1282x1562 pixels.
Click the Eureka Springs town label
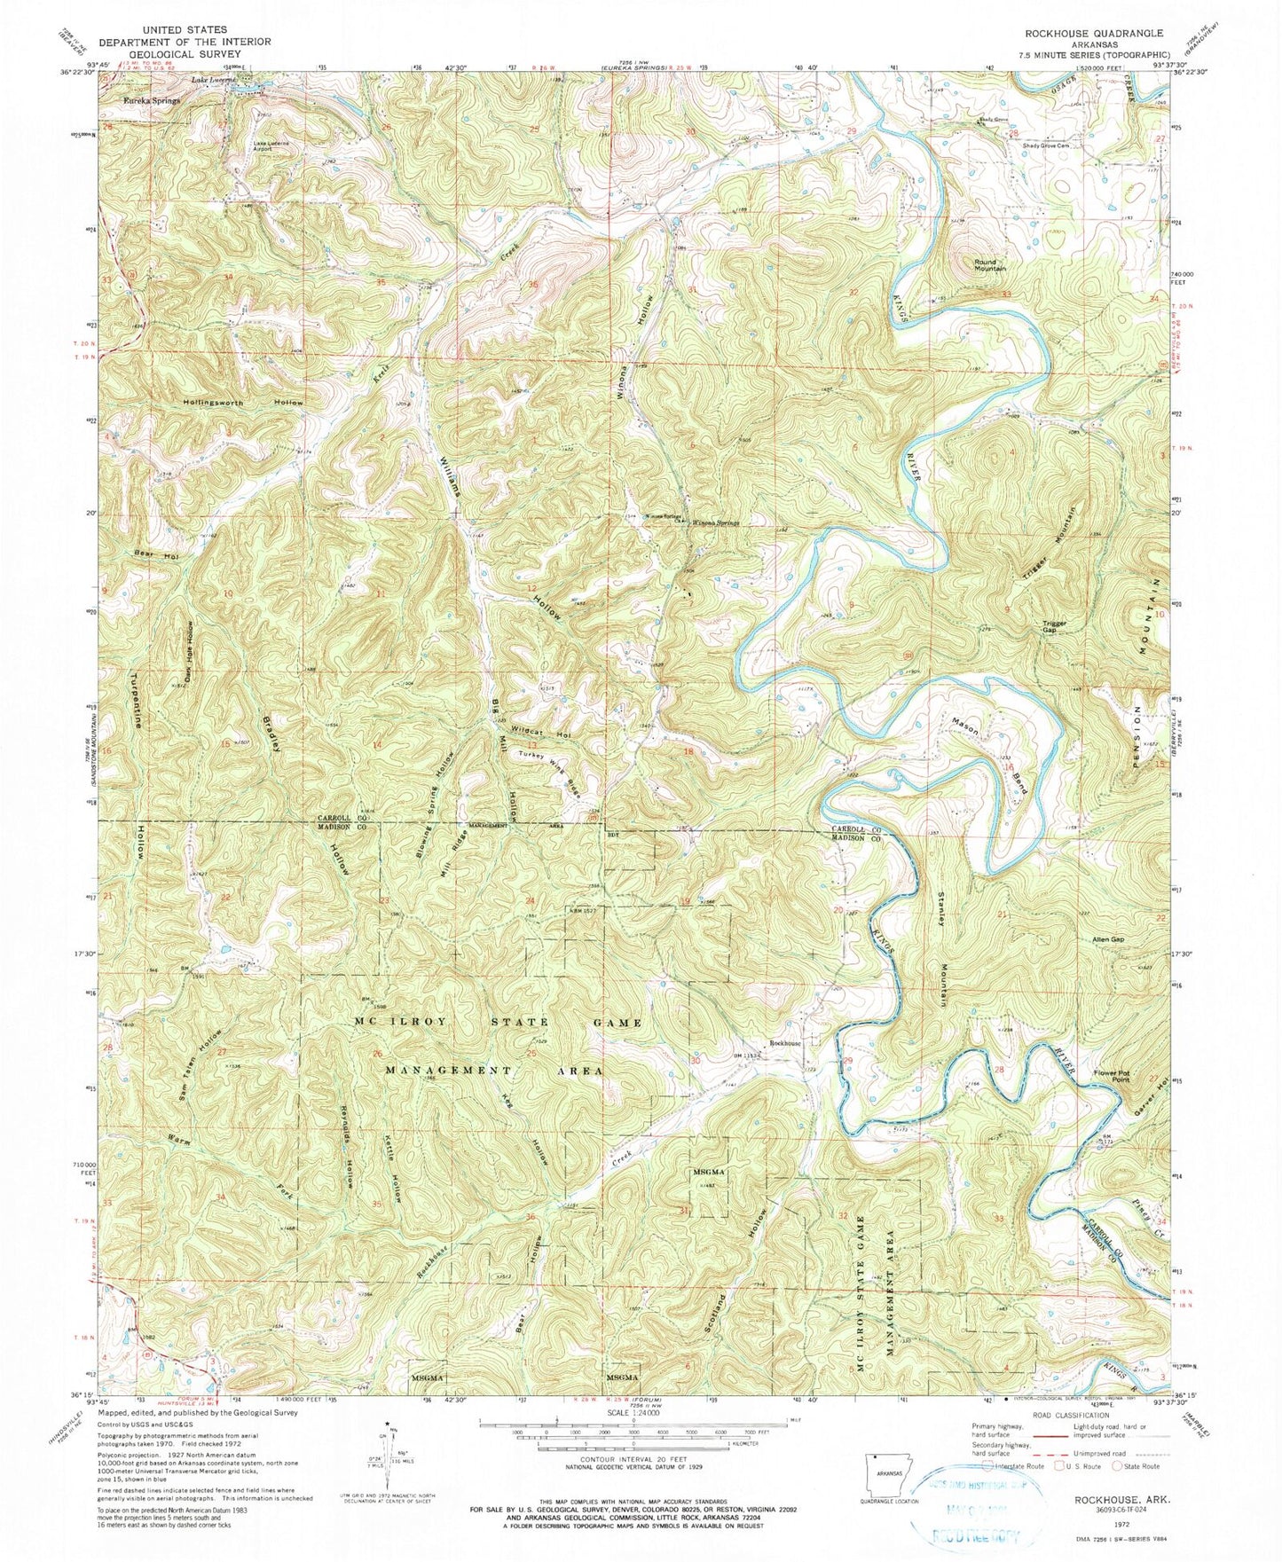pyautogui.click(x=151, y=101)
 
